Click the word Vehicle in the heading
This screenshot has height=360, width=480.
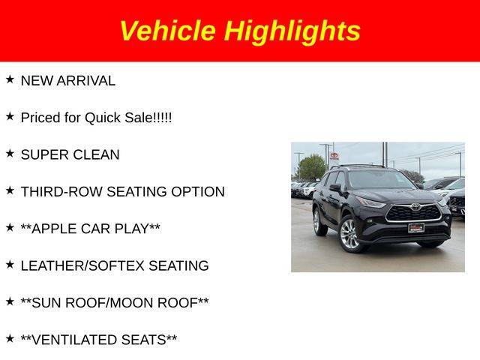(x=168, y=30)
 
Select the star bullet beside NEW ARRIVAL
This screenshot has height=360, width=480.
(x=10, y=79)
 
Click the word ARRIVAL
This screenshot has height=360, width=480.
(x=86, y=81)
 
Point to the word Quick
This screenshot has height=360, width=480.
(x=103, y=118)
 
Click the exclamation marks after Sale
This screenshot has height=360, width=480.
(x=162, y=118)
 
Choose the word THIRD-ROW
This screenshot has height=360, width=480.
(x=61, y=192)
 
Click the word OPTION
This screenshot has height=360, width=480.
(x=198, y=192)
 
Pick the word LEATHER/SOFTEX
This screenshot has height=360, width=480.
(x=82, y=265)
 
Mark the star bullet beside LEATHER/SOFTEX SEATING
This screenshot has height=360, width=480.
(x=10, y=265)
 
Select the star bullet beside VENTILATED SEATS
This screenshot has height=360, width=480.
(x=10, y=338)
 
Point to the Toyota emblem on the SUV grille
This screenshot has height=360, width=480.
(x=415, y=208)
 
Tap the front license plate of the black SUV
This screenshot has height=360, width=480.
(x=415, y=228)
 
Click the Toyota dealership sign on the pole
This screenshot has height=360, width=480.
(x=334, y=156)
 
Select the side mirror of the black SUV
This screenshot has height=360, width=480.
(x=335, y=187)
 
